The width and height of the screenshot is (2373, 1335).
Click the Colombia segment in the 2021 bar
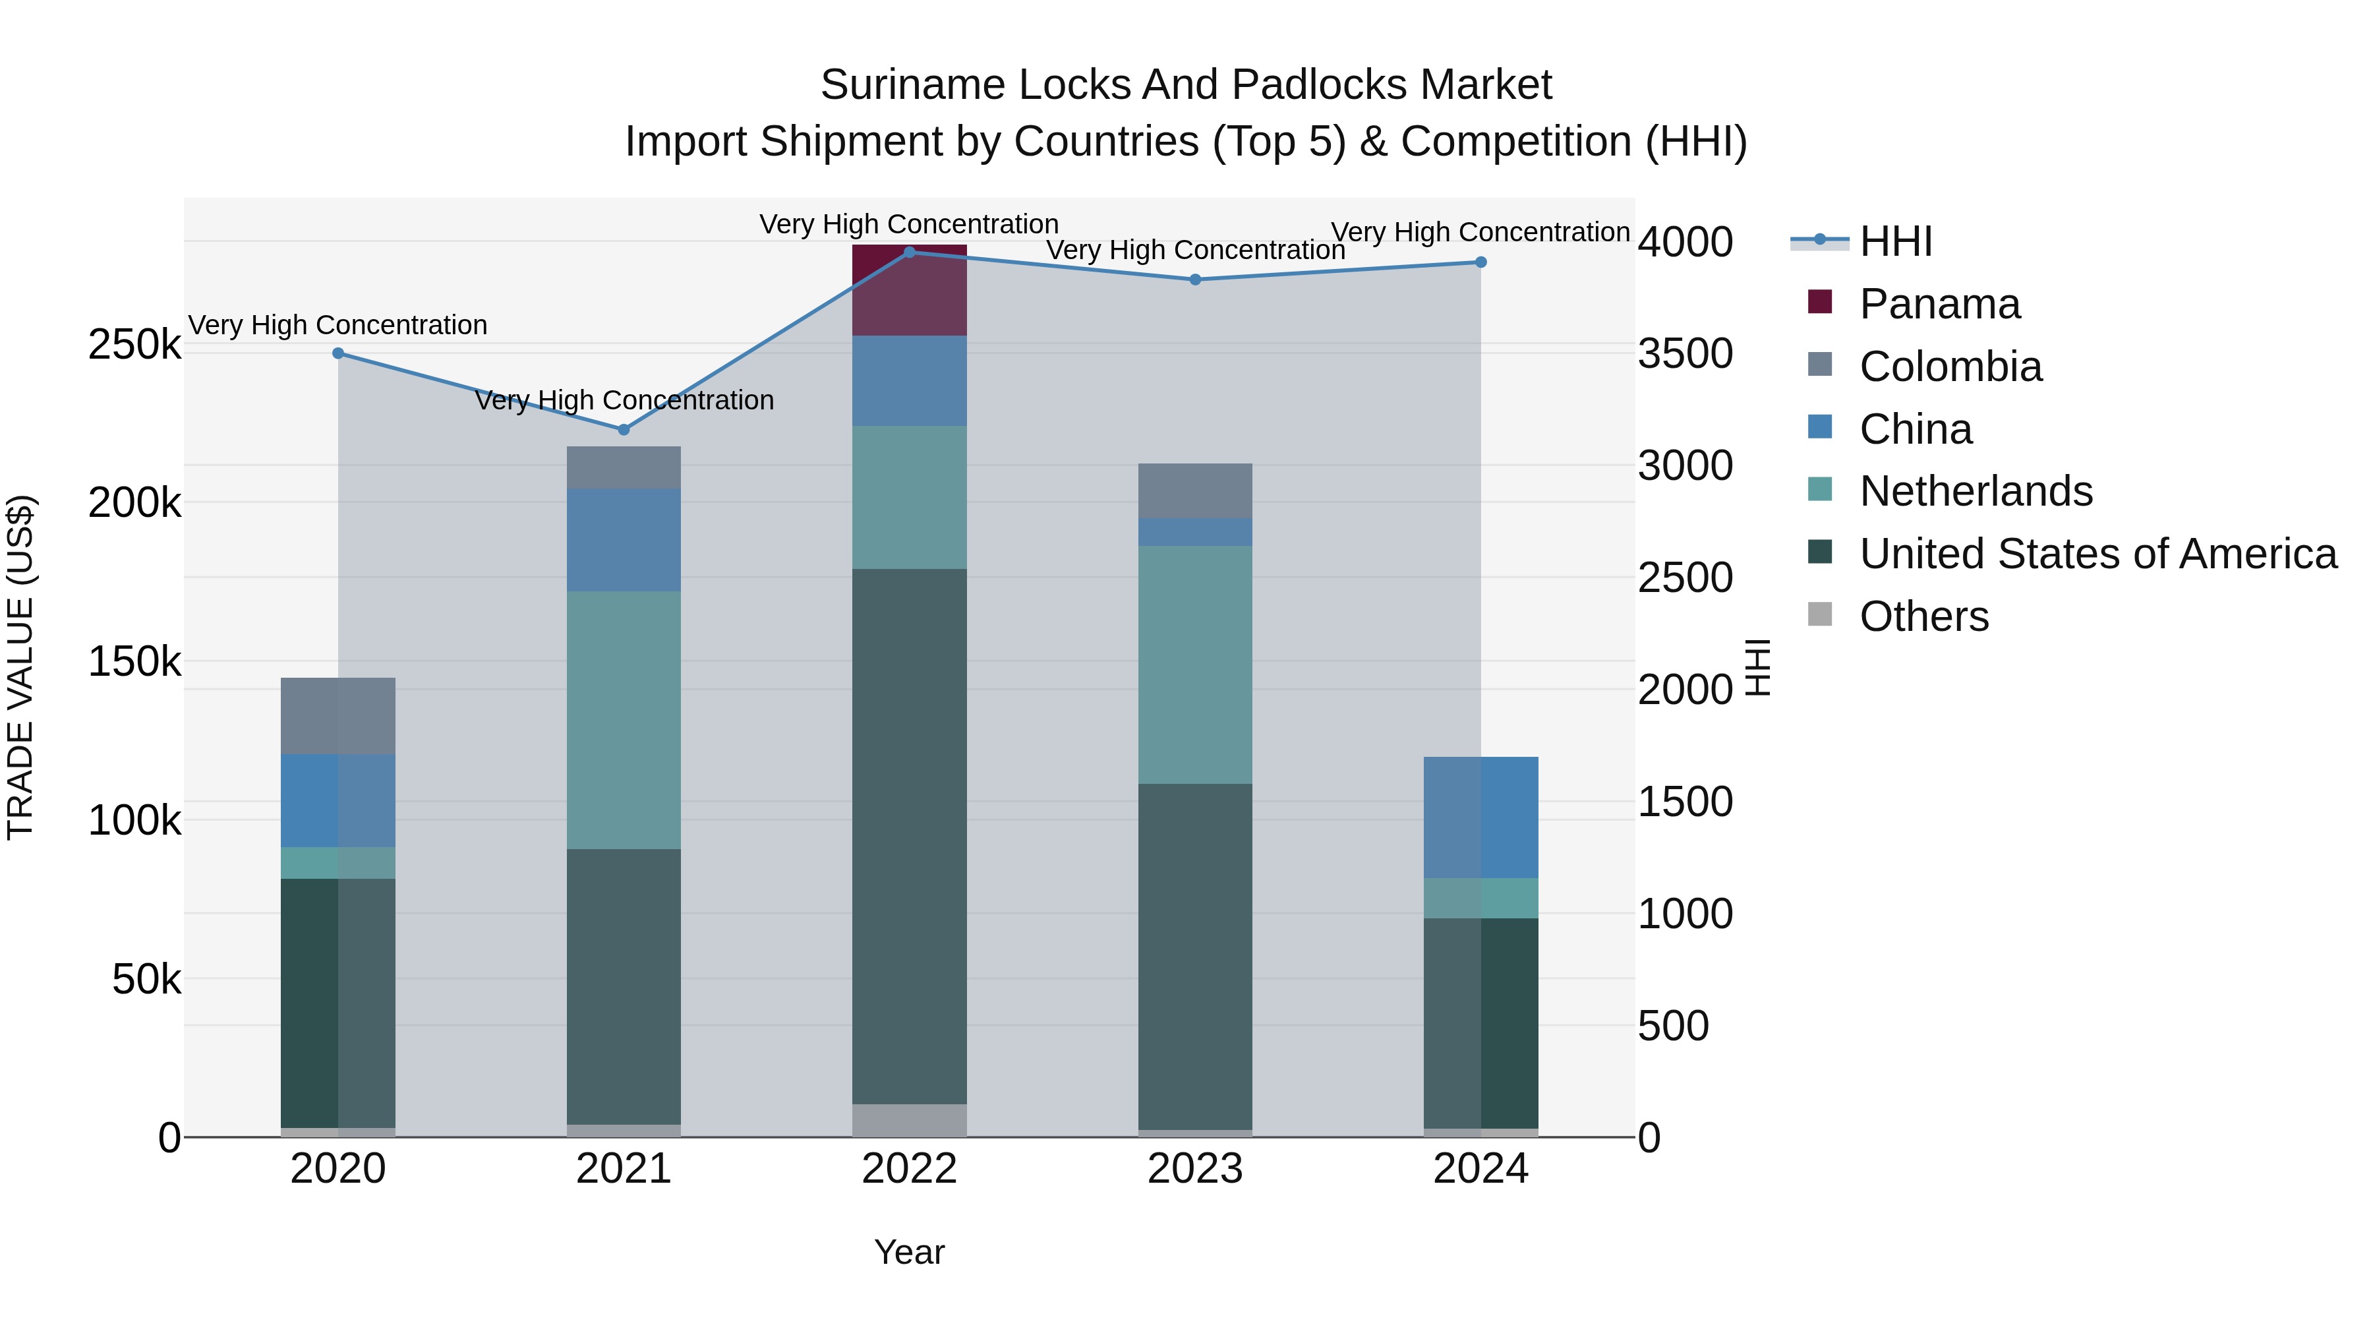624,467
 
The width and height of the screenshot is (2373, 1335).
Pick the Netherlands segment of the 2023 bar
1195,665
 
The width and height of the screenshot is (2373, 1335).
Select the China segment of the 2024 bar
1480,817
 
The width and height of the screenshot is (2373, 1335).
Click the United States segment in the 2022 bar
908,836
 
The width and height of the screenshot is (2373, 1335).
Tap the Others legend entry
1923,616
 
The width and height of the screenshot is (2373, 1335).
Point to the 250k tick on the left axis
134,345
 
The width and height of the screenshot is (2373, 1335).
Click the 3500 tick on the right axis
1685,354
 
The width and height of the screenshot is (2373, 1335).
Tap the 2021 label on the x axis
624,1169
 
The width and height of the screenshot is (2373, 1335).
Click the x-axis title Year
908,1252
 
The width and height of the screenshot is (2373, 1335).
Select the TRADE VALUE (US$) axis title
20,667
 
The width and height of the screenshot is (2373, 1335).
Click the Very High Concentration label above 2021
624,401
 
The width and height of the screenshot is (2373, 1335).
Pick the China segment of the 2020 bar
338,800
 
